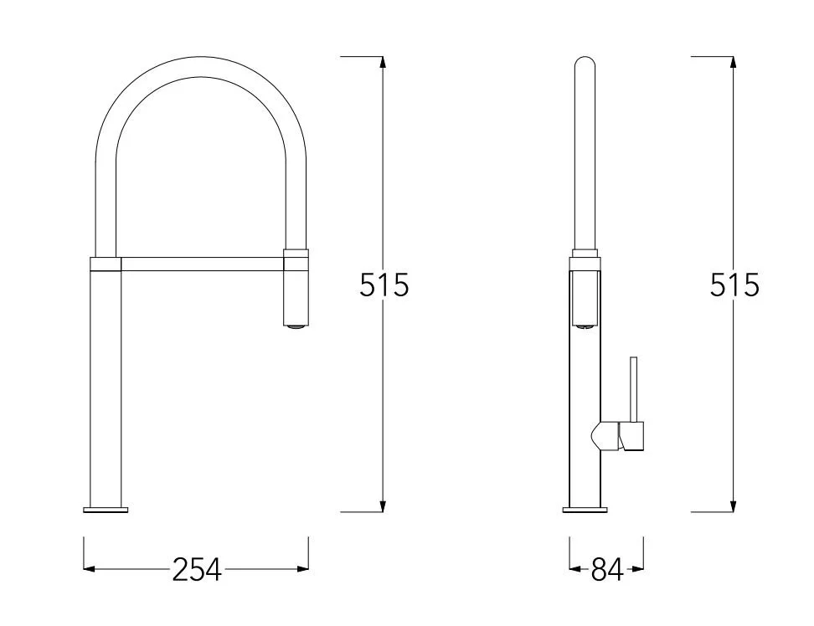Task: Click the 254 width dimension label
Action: (197, 569)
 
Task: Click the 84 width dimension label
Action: (607, 569)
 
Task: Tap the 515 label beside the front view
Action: (384, 285)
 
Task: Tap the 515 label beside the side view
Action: (734, 285)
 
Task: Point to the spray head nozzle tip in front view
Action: (296, 326)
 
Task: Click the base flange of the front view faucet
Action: (106, 510)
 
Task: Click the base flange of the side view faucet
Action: (585, 510)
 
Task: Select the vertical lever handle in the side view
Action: (633, 389)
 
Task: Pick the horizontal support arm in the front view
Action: (203, 264)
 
